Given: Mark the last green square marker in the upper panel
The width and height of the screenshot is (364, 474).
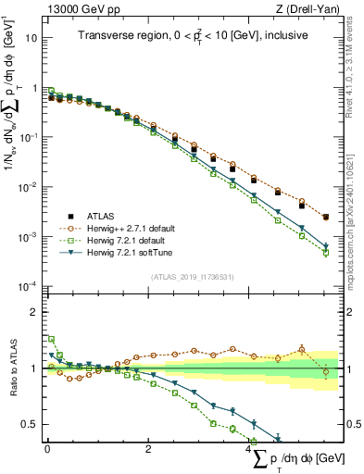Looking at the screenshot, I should tap(325, 253).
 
